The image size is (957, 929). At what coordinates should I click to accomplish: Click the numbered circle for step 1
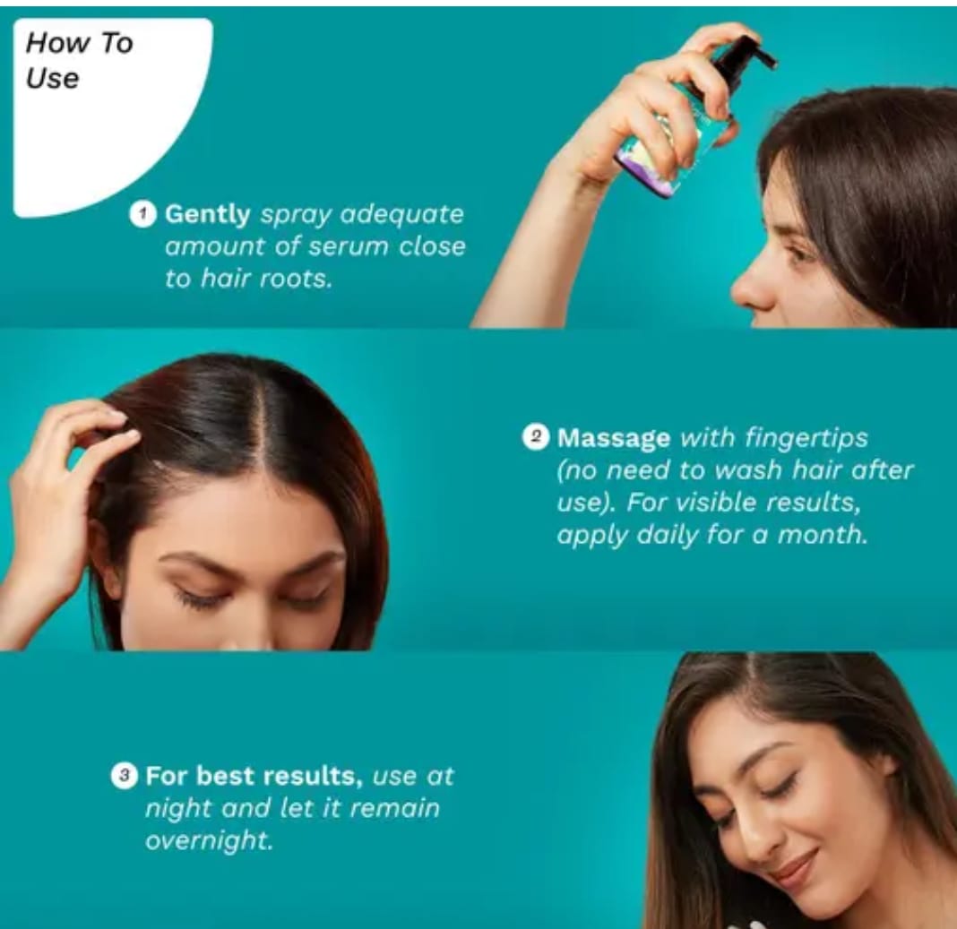(142, 214)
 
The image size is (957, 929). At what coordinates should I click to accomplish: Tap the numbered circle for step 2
(535, 437)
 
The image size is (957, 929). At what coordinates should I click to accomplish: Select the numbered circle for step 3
(124, 775)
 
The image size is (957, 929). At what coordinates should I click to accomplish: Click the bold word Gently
(208, 215)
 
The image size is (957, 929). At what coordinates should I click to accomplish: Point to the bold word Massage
(614, 439)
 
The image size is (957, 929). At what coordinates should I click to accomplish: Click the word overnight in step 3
(209, 841)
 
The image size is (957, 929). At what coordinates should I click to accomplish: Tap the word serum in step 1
(348, 246)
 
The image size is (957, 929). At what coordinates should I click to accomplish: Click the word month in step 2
(822, 535)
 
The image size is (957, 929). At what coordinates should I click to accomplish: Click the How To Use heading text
(79, 60)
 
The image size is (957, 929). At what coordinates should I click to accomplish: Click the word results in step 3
(313, 777)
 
